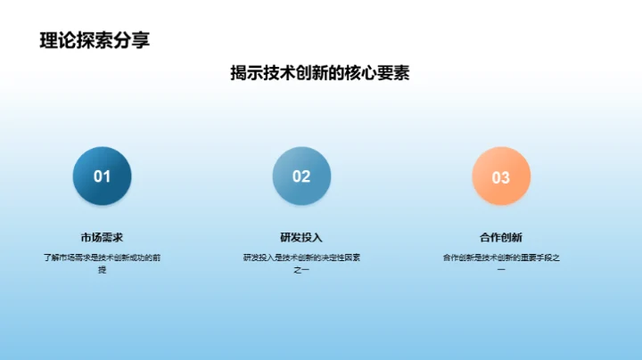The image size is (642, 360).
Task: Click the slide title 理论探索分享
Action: point(95,39)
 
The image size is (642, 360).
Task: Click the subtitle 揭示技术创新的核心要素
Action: point(320,74)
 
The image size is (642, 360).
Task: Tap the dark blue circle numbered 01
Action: point(103,176)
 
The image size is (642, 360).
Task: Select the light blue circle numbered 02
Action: point(301,176)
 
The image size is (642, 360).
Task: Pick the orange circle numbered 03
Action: point(501,176)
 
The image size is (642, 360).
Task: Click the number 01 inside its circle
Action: point(103,176)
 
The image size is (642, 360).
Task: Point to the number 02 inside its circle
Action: point(301,176)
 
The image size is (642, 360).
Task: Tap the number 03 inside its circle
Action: point(501,177)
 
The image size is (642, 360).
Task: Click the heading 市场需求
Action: point(102,237)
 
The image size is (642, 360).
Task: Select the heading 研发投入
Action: point(301,237)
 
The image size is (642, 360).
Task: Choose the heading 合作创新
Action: point(501,237)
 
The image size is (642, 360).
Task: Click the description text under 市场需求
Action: point(102,263)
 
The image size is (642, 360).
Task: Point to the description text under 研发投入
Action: point(301,263)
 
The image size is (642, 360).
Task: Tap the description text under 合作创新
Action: point(501,263)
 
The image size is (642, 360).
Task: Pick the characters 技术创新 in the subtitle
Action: point(298,74)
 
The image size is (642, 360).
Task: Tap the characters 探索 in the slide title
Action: point(95,39)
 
